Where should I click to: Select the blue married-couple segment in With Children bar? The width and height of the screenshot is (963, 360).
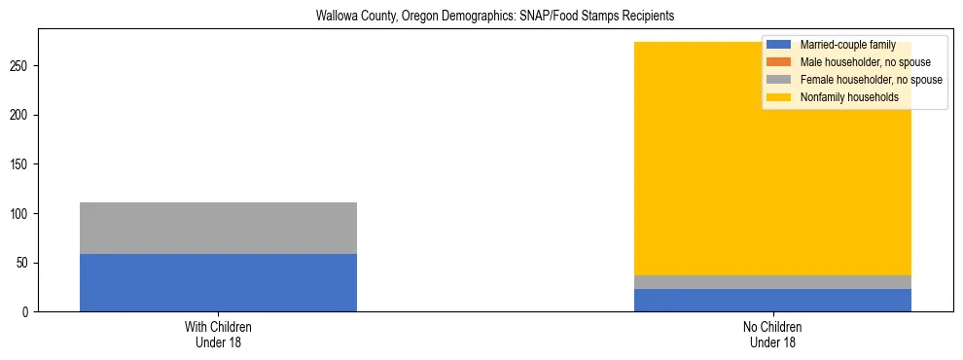pyautogui.click(x=218, y=282)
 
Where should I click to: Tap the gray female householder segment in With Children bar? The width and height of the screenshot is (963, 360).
pyautogui.click(x=218, y=228)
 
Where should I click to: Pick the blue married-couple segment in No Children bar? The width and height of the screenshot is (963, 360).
pyautogui.click(x=772, y=301)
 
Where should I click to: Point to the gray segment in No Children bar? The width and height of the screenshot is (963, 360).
pyautogui.click(x=772, y=282)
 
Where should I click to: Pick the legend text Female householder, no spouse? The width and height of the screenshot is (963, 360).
pyautogui.click(x=871, y=80)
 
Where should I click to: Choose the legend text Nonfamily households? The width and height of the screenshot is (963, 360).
pyautogui.click(x=849, y=97)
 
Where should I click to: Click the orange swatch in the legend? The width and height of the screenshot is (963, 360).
pyautogui.click(x=779, y=62)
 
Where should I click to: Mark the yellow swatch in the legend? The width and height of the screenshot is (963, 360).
pyautogui.click(x=779, y=97)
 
